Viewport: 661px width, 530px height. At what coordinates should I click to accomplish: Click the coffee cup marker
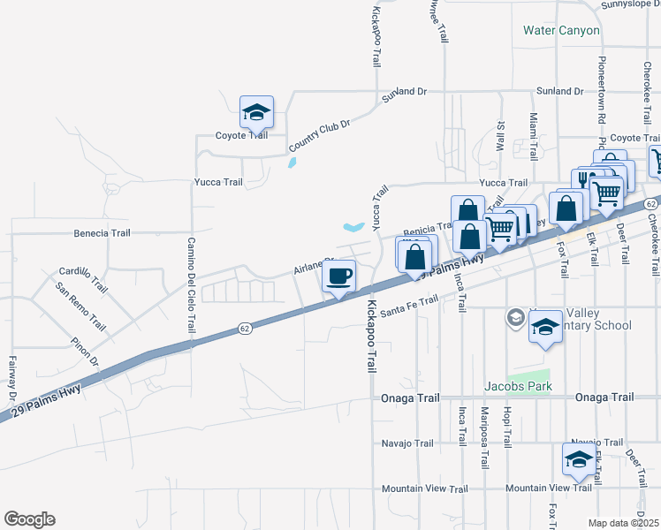pos(338,276)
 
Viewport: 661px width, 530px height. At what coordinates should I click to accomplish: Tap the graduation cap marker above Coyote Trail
pos(256,111)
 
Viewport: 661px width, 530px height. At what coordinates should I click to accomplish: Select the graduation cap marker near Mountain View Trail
pos(578,459)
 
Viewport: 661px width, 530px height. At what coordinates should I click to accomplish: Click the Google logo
pos(29,519)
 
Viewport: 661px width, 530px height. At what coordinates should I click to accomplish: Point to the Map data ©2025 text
pos(623,523)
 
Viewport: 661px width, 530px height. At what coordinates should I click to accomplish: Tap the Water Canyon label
pos(561,30)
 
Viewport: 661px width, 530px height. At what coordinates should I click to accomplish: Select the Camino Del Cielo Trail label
pos(190,285)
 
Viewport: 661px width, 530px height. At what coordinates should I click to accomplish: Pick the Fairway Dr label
pos(12,376)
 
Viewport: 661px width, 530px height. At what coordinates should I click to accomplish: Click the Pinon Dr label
pos(87,350)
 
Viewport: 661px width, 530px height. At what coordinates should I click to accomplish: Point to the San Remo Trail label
pos(80,307)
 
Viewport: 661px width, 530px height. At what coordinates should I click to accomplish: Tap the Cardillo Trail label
pos(83,281)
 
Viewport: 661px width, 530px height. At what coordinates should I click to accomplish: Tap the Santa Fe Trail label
pos(408,305)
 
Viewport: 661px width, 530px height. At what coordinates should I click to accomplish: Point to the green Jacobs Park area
pos(529,378)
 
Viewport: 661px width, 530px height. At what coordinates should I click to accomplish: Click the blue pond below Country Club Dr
pos(293,163)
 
